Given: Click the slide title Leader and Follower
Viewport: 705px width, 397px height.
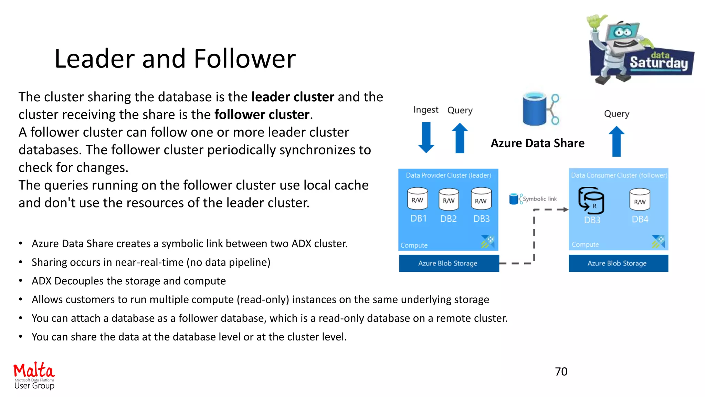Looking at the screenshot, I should pos(175,59).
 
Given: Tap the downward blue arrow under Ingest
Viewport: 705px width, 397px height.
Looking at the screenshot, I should pos(426,138).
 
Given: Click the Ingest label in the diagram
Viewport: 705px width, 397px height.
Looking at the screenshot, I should pos(426,110).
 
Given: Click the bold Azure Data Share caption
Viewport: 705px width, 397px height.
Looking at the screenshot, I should pos(537,143).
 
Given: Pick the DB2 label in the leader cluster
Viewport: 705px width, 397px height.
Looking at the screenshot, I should pos(448,219).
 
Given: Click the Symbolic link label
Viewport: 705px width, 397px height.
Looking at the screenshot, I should pos(539,199).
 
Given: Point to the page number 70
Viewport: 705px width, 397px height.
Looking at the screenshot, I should pos(561,371).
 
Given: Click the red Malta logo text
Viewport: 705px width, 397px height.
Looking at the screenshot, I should pos(34,370).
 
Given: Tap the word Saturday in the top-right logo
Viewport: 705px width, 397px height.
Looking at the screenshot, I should pos(659,63).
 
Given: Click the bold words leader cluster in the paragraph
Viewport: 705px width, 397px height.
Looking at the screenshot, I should pos(293,97).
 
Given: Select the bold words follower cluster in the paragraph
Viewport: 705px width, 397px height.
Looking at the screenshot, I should pos(262,114).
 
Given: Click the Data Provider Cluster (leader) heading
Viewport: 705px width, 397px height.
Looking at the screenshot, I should pos(448,175).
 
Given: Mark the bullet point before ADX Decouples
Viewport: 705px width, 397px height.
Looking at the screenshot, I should pos(21,281).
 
